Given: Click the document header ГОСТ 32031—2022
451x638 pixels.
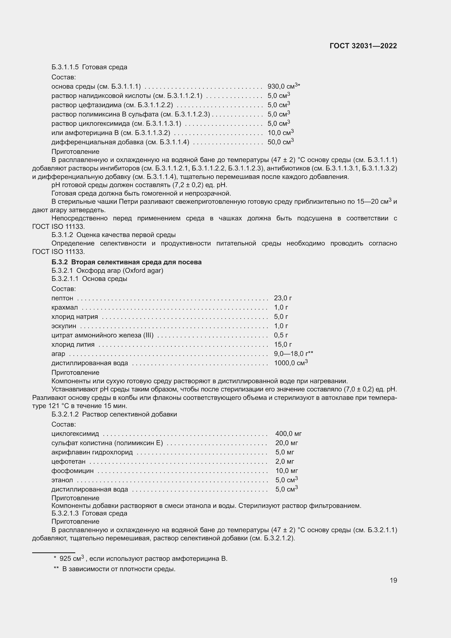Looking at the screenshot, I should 363,46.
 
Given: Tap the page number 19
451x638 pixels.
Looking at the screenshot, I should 393,580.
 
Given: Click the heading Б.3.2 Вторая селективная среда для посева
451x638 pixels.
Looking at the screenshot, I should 127,262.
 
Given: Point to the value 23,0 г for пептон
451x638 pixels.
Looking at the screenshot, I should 283,298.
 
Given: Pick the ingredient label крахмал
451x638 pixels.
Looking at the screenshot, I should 65,308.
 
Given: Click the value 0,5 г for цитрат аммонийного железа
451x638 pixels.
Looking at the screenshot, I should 281,335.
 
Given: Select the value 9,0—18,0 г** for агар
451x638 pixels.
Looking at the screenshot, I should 293,354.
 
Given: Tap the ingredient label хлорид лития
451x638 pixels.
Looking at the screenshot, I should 73,345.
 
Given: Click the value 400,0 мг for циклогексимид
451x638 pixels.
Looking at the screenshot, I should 288,433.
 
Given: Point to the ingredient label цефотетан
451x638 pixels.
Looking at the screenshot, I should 68,462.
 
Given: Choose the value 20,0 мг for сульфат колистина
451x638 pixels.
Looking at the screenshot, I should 286,443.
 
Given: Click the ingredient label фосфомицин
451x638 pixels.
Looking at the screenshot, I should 73,471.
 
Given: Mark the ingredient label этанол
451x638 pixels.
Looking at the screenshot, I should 62,480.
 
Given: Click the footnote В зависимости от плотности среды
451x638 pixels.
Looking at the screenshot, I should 119,569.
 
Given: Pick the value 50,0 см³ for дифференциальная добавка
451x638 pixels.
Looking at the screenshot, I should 281,142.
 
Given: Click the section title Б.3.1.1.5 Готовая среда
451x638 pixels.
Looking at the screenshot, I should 89,67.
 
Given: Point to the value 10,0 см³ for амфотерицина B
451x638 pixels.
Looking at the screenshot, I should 281,133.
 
